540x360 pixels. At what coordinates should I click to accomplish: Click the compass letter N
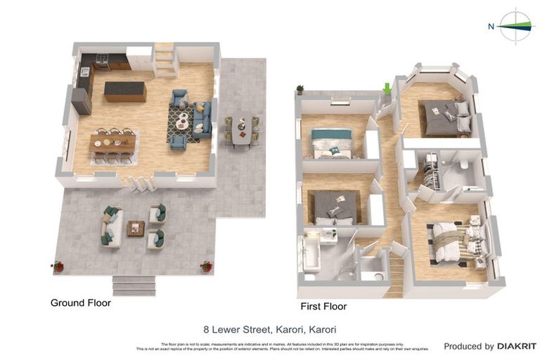pos(491,27)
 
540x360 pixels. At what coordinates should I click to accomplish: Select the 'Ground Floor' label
pos(80,303)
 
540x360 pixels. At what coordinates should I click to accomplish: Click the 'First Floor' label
pos(323,307)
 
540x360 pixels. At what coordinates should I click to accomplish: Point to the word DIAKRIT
pos(516,346)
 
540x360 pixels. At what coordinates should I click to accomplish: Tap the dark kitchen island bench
pos(125,91)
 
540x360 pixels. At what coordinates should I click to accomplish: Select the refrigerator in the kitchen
pos(81,101)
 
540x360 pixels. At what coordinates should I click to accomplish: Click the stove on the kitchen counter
pos(102,63)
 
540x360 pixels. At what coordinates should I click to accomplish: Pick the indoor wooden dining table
pos(112,143)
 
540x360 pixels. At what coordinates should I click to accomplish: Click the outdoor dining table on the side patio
pos(241,131)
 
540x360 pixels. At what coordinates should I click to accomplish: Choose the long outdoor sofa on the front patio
pos(112,226)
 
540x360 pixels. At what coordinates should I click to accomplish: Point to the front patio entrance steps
pos(134,284)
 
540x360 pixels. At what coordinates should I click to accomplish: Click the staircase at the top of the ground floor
pos(165,59)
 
